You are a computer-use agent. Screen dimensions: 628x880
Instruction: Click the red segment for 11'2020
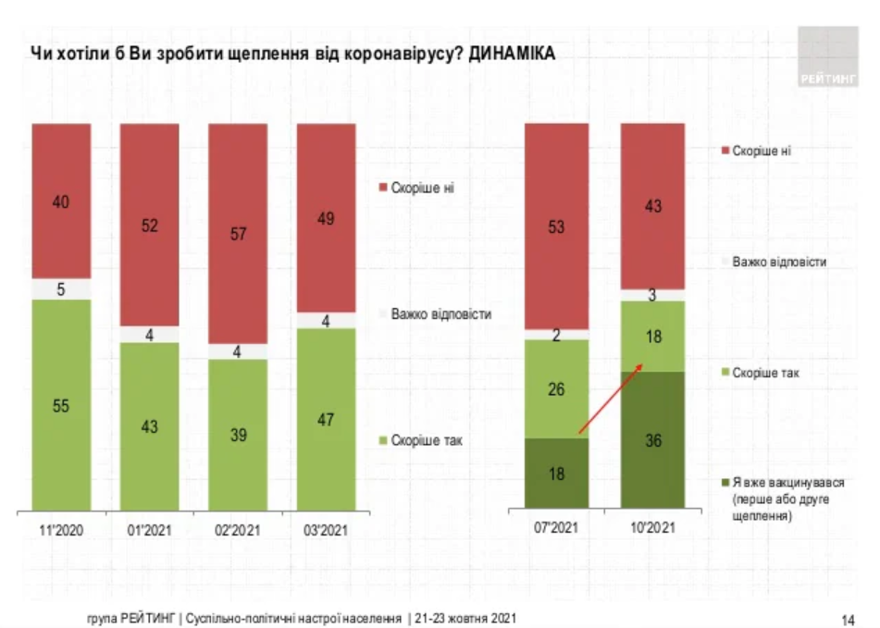click(61, 200)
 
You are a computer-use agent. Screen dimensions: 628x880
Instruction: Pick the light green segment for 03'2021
click(326, 418)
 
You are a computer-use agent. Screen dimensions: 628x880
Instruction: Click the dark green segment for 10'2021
click(652, 440)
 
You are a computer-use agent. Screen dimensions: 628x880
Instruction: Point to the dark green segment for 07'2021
click(557, 473)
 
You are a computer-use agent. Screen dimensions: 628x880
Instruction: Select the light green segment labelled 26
click(557, 388)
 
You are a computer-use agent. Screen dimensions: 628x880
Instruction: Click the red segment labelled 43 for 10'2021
click(652, 205)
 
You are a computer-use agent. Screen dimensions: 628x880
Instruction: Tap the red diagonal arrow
click(610, 399)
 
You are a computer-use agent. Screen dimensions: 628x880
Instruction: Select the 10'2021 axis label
click(652, 530)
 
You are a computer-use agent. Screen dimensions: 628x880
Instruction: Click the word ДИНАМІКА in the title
click(512, 54)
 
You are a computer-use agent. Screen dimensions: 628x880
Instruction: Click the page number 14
click(848, 619)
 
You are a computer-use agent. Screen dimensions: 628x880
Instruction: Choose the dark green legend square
click(725, 482)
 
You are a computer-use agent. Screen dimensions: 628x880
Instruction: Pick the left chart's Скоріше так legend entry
click(426, 440)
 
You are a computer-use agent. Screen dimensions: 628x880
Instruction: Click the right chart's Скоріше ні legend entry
click(761, 151)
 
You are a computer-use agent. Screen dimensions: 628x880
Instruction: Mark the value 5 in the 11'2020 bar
click(61, 289)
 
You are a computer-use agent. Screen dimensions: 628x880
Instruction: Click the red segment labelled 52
click(149, 224)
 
